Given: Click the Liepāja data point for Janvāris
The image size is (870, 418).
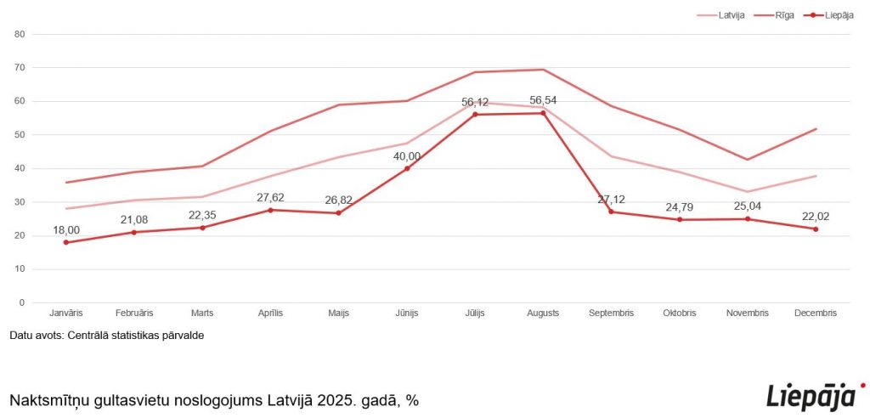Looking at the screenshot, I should point(65,242).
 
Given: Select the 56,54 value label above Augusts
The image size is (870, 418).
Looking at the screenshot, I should point(543,100).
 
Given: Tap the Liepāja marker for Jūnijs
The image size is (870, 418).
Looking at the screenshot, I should point(407,168).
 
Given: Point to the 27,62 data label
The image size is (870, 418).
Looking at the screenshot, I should point(270,197).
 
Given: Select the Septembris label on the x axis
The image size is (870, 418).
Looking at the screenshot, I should point(611,313).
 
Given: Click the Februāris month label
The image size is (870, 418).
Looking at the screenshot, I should point(133,313).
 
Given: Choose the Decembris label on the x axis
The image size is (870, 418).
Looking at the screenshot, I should point(816,313).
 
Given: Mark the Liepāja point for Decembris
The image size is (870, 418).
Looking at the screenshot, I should point(816,229).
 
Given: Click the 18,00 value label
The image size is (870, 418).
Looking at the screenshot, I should point(65,229).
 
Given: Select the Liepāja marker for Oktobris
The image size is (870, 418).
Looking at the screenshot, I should point(679,220).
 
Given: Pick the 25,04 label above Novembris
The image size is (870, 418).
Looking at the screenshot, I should point(748,206).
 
